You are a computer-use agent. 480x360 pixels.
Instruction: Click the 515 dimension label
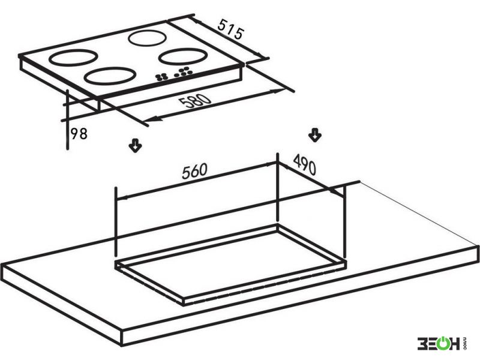tap(232, 29)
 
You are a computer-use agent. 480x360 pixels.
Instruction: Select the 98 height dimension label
tap(79, 134)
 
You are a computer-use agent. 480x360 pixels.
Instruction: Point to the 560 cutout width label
tap(194, 171)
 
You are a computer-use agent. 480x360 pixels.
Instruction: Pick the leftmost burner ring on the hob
tap(73, 58)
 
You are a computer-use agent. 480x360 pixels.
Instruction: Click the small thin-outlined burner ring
tap(147, 38)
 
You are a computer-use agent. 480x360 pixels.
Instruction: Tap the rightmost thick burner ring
tap(183, 56)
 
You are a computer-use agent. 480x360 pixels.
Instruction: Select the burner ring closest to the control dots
tap(110, 76)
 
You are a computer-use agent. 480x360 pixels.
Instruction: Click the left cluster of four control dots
tap(161, 77)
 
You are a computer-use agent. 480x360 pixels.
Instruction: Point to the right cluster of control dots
tap(183, 71)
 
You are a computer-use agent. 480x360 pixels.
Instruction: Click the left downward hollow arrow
tap(135, 146)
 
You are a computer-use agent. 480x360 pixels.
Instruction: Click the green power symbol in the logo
tap(443, 343)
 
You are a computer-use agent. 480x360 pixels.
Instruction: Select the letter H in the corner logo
tap(455, 343)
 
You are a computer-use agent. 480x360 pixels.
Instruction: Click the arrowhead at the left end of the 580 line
tap(149, 119)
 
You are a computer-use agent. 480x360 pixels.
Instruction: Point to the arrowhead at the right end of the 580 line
tap(277, 91)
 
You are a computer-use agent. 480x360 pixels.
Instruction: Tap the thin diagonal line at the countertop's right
tap(419, 214)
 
